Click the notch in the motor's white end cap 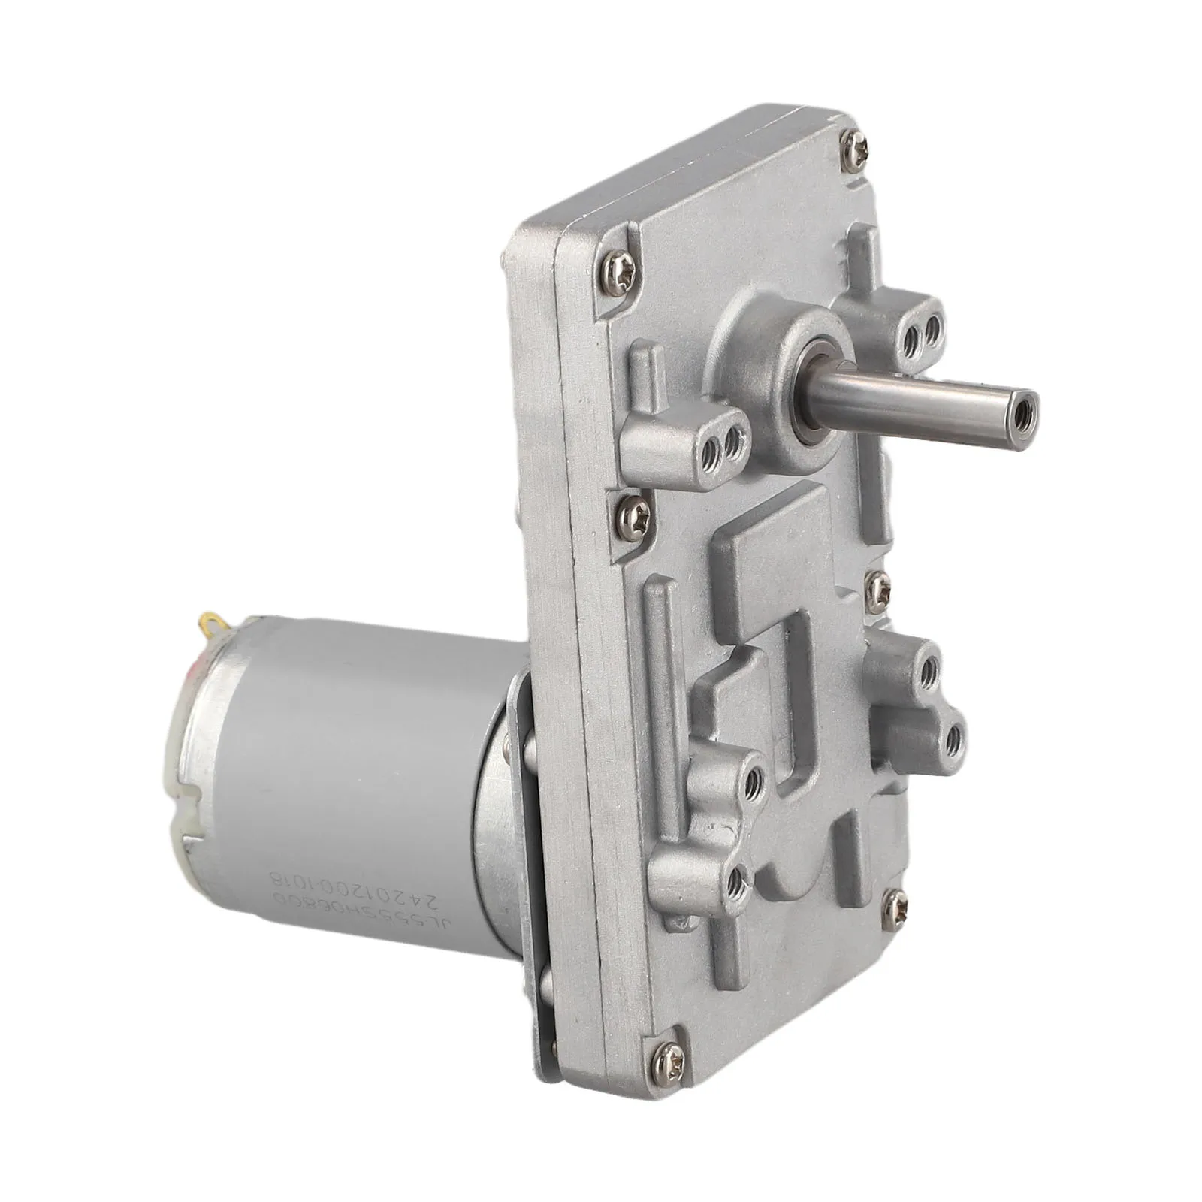pyautogui.click(x=188, y=811)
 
